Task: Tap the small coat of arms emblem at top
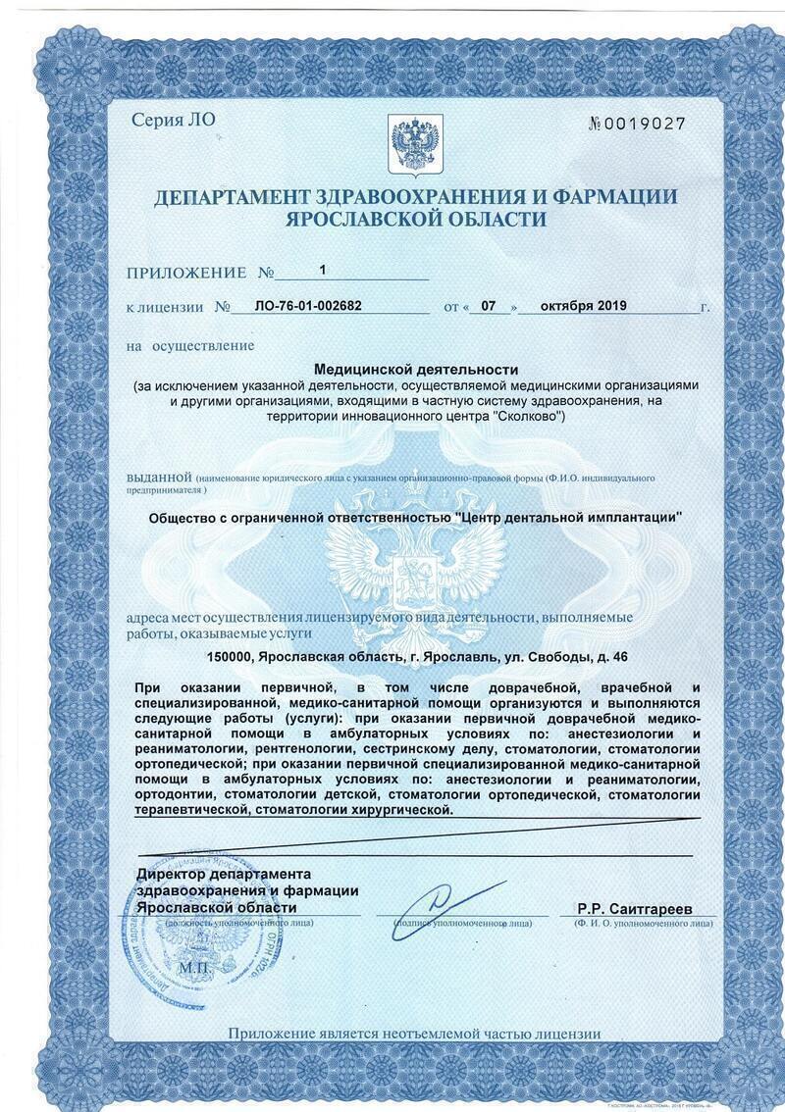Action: click(415, 143)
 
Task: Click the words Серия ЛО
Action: click(172, 121)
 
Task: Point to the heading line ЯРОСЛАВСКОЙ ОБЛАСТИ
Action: click(415, 220)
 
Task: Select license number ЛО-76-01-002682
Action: click(307, 306)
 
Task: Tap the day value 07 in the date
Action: click(492, 306)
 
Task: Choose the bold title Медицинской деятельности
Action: click(415, 369)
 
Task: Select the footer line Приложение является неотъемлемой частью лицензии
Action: click(414, 1033)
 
